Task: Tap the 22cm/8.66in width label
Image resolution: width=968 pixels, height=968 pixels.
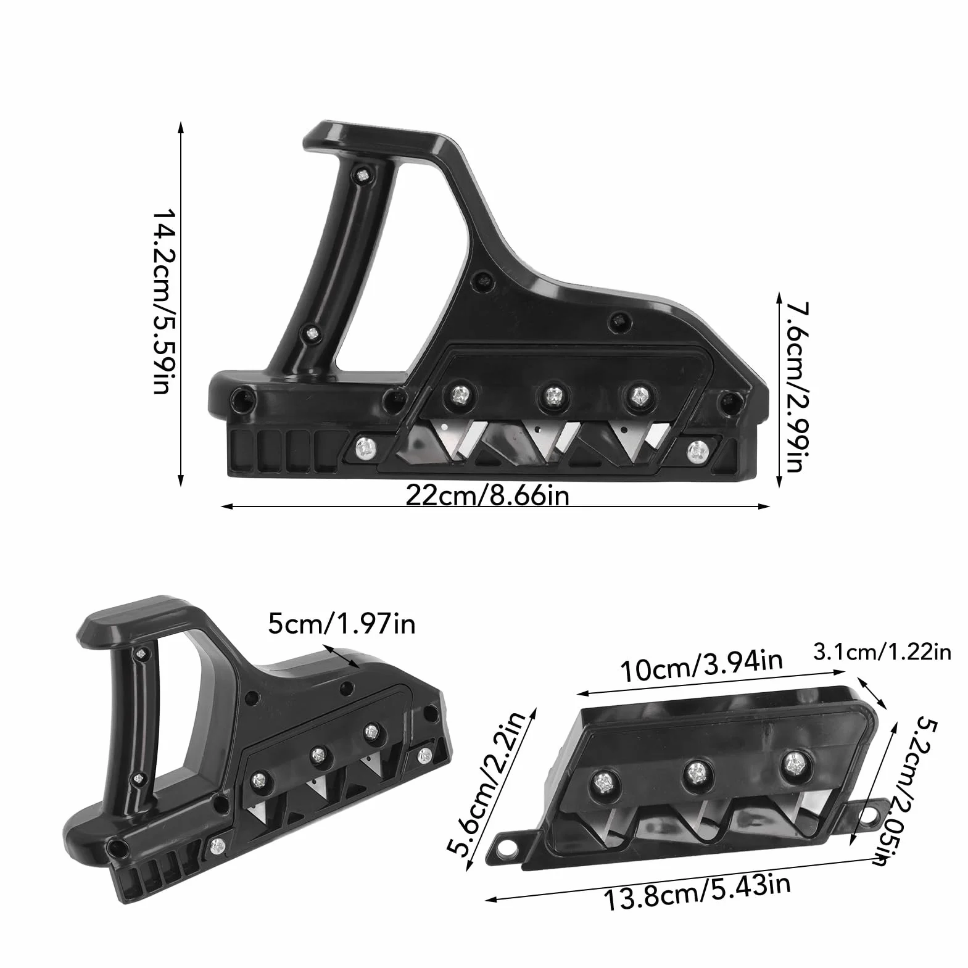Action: (487, 495)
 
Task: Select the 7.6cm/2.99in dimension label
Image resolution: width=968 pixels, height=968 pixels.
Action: (792, 386)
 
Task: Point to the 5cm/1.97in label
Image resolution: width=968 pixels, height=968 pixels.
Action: (341, 624)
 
